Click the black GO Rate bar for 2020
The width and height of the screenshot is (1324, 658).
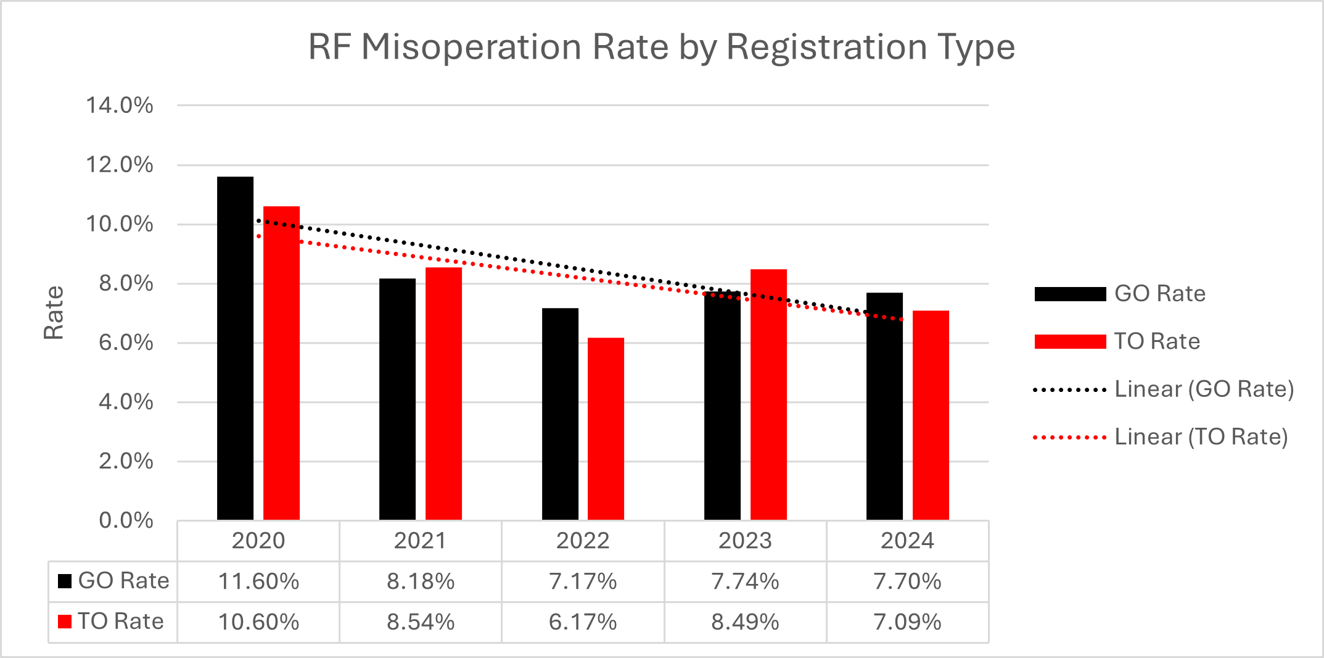pos(235,348)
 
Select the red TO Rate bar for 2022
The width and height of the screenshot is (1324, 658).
pos(606,428)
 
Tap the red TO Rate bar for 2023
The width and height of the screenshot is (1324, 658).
pos(768,394)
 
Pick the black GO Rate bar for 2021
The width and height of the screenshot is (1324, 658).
pos(397,399)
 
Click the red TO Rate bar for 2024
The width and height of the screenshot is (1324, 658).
pos(931,415)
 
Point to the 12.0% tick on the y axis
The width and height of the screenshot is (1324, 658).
pos(120,165)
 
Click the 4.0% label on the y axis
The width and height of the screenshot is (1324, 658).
pos(126,402)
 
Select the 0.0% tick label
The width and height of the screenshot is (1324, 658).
pos(126,520)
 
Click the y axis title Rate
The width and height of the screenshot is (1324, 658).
pos(54,312)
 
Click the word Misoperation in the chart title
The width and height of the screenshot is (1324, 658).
pos(471,47)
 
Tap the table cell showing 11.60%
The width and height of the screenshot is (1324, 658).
pos(258,581)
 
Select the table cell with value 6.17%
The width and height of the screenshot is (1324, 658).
pos(583,622)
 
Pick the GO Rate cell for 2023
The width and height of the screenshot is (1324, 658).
pos(745,581)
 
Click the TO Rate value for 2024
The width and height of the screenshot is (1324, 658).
pos(907,622)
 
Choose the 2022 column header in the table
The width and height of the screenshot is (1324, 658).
pos(583,541)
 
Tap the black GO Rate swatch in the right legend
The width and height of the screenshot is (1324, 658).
pos(1070,294)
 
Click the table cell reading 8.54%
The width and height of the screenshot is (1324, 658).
pos(421,622)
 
